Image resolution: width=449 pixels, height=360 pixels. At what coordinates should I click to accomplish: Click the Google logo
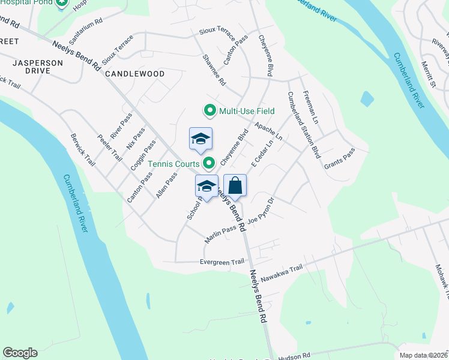pyautogui.click(x=20, y=353)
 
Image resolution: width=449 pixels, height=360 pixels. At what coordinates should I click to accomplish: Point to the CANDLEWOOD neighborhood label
pyautogui.click(x=134, y=74)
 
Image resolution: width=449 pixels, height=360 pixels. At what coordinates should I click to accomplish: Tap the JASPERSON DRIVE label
pyautogui.click(x=38, y=66)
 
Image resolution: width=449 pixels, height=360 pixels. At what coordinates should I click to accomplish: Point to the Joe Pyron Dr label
pyautogui.click(x=262, y=211)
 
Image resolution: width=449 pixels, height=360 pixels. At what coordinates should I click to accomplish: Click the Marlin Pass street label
pyautogui.click(x=220, y=233)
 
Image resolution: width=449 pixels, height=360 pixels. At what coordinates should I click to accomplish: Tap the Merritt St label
pyautogui.click(x=428, y=74)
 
